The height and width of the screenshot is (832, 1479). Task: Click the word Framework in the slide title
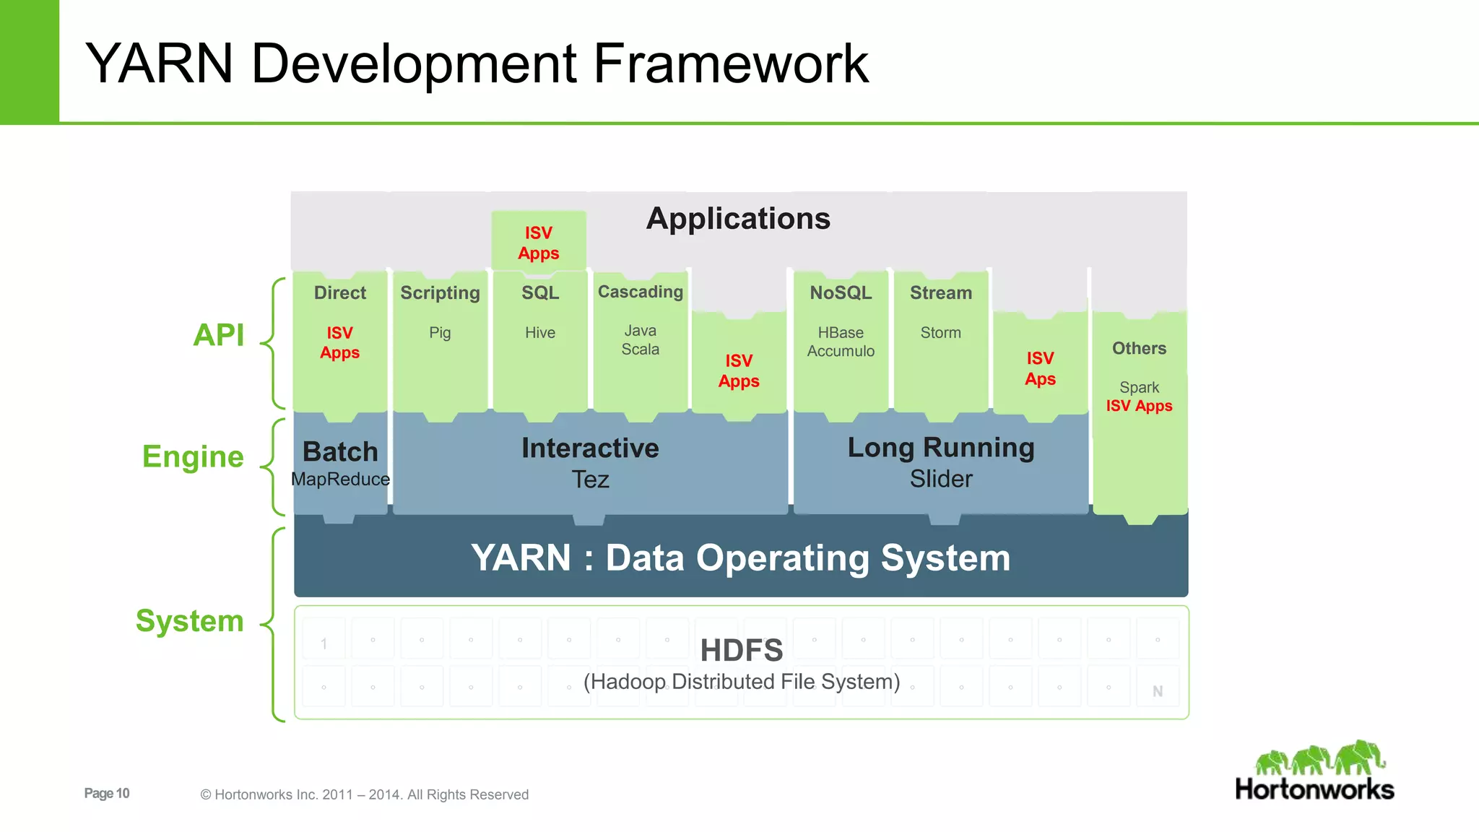coord(730,64)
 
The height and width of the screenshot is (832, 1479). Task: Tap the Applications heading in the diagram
coord(738,218)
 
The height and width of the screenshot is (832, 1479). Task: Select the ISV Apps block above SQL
coord(539,243)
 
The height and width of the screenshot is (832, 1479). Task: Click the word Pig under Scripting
coord(440,332)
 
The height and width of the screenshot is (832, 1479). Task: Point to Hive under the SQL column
coord(540,332)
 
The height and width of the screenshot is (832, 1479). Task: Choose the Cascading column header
coord(641,292)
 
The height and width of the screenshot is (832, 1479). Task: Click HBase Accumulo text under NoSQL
coord(841,342)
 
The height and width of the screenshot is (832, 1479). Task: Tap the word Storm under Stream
coord(940,332)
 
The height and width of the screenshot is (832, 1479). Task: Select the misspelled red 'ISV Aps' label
coord(1040,368)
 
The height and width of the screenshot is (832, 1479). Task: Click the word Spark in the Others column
coord(1139,387)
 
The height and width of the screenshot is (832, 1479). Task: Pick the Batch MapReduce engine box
coord(340,463)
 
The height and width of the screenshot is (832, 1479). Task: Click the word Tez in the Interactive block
coord(590,480)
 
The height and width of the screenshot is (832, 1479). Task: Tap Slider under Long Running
coord(941,479)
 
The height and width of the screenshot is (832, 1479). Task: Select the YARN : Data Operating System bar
coord(741,558)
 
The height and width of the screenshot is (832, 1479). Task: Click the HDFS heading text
coord(742,650)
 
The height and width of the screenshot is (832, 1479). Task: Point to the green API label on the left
coord(219,335)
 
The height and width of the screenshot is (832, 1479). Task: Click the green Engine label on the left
coord(193,456)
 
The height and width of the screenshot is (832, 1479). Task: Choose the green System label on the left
coord(190,621)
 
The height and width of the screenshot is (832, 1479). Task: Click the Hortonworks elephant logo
coord(1319,758)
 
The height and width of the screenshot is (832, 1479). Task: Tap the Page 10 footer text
coord(107,793)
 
